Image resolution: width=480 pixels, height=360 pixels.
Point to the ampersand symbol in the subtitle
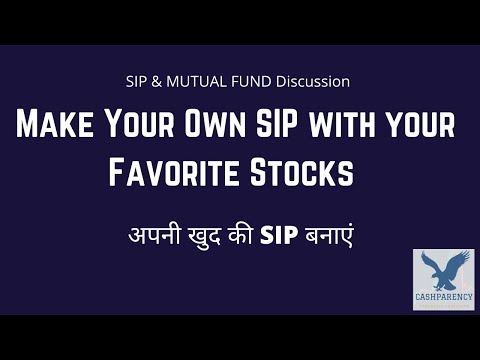click(160, 80)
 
